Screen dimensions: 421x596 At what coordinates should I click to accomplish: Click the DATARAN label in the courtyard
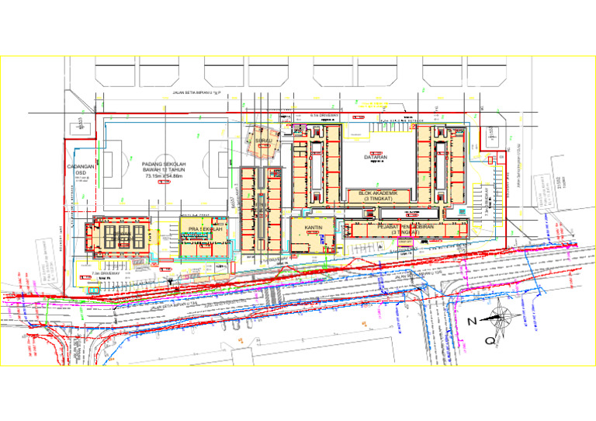pos(376,158)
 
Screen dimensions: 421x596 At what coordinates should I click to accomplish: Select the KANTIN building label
pos(314,228)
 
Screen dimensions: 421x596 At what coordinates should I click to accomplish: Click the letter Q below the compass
pos(490,339)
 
